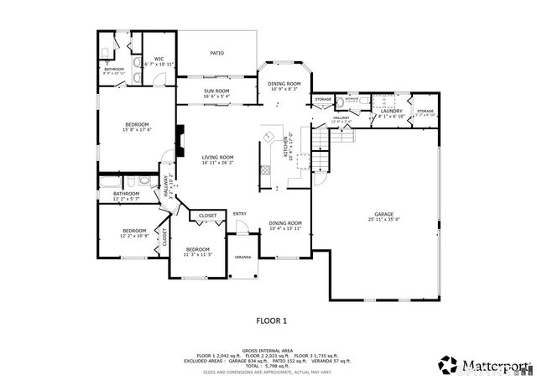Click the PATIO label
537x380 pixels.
tap(216, 53)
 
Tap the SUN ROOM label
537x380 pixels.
tap(216, 91)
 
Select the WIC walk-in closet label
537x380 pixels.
tap(158, 59)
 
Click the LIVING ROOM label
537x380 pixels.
tap(216, 157)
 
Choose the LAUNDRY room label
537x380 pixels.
tap(392, 111)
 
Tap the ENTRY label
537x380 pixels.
tap(240, 213)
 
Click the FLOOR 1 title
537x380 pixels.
tap(271, 320)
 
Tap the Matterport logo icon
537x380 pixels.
tap(445, 363)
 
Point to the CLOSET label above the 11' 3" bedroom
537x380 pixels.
tap(208, 216)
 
